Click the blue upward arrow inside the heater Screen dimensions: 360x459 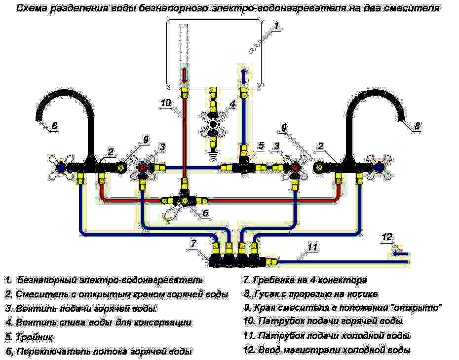click(243, 74)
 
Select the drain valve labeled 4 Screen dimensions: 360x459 click(213, 124)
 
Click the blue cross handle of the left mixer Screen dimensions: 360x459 click(61, 167)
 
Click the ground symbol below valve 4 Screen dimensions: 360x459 click(213, 154)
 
